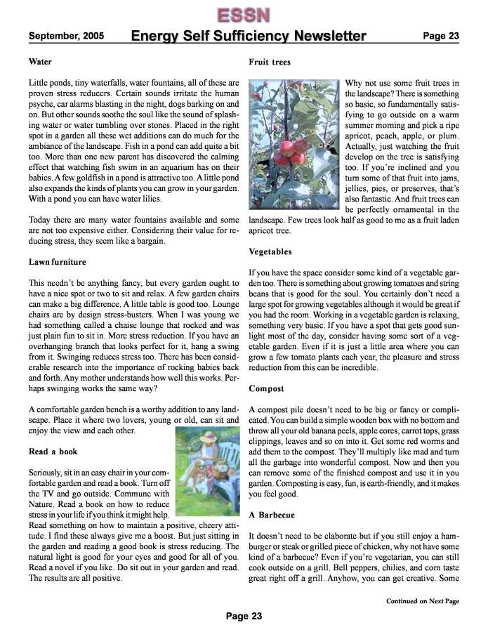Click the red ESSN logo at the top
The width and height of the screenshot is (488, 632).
point(243,15)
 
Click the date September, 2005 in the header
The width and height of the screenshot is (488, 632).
point(67,36)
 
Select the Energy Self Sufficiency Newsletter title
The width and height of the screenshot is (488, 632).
point(249,37)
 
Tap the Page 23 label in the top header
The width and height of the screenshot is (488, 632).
point(441,36)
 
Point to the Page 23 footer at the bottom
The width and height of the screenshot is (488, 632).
point(244,616)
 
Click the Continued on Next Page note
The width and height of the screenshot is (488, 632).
point(423,601)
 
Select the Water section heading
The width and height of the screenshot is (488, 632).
point(40,62)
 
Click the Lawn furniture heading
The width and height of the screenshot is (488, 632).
point(57,262)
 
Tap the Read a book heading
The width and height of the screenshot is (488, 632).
point(53,452)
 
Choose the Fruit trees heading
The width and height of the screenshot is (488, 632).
point(270,62)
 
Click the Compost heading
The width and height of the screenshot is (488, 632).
point(266,388)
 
